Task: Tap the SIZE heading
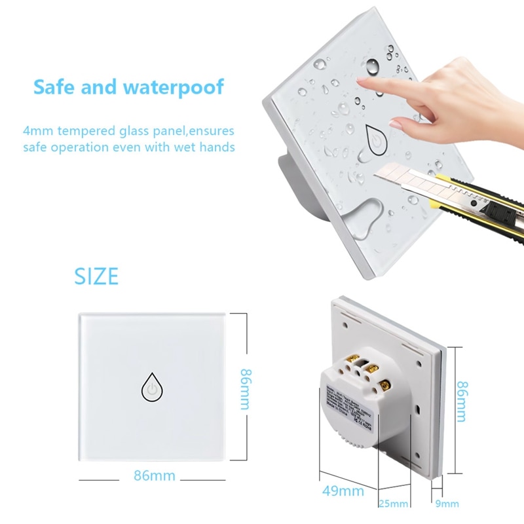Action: [96, 276]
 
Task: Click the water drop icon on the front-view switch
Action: [151, 389]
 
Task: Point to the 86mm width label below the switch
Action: [154, 476]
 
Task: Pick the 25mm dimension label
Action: [394, 504]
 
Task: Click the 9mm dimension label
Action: [447, 504]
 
